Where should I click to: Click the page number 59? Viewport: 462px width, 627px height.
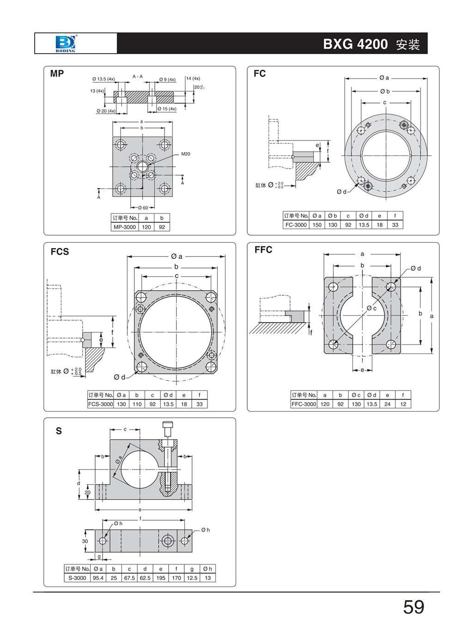pyautogui.click(x=413, y=607)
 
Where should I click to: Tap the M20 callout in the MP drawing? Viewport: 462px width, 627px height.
pyautogui.click(x=185, y=154)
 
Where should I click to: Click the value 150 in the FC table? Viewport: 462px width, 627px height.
pyautogui.click(x=317, y=225)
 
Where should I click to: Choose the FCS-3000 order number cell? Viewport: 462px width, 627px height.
pyautogui.click(x=100, y=404)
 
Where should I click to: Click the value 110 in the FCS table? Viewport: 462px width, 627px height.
pyautogui.click(x=137, y=404)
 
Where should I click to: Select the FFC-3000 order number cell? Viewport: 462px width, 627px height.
pyautogui.click(x=304, y=404)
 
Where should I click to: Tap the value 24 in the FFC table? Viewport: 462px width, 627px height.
pyautogui.click(x=387, y=404)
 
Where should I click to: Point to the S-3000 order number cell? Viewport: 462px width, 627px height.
pyautogui.click(x=77, y=578)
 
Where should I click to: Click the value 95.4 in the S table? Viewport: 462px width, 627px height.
pyautogui.click(x=98, y=578)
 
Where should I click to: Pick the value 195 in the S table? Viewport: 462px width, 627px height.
pyautogui.click(x=161, y=578)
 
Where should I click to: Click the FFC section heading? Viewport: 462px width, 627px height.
pyautogui.click(x=263, y=250)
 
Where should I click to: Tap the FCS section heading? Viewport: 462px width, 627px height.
pyautogui.click(x=60, y=252)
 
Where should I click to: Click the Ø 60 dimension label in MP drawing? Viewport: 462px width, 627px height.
pyautogui.click(x=143, y=208)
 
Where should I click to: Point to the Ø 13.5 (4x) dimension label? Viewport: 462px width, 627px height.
pyautogui.click(x=103, y=79)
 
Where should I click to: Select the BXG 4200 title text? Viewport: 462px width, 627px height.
pyautogui.click(x=355, y=44)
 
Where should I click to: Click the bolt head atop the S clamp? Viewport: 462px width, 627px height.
pyautogui.click(x=167, y=426)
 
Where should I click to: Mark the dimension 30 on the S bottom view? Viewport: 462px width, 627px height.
pyautogui.click(x=85, y=541)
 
